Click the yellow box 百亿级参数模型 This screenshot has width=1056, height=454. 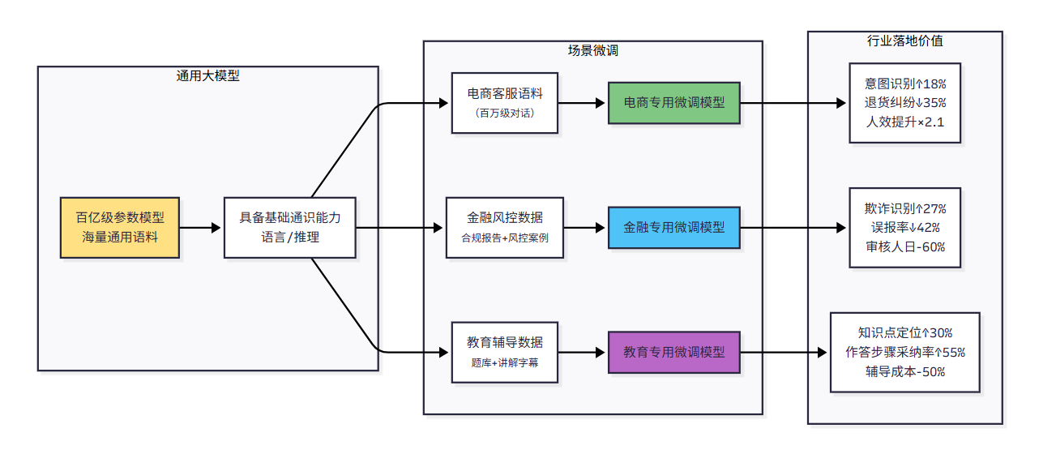[120, 228]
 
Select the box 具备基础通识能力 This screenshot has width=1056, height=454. [290, 228]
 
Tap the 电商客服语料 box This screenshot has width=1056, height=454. [505, 103]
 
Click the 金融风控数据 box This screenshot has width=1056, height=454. [505, 228]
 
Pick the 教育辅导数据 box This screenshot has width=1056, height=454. [505, 353]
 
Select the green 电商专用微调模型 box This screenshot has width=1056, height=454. [674, 103]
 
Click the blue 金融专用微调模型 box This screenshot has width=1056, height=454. [674, 228]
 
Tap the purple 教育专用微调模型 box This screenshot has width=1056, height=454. [674, 353]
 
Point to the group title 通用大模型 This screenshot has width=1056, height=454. [208, 76]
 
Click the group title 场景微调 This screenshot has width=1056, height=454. [592, 50]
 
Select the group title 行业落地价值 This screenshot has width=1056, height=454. [904, 41]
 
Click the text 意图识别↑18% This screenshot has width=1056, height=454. [904, 84]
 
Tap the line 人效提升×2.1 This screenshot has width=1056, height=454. [904, 122]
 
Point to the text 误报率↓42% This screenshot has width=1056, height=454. [904, 228]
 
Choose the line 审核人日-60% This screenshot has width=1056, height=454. [904, 247]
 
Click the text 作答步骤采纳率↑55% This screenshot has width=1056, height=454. [904, 353]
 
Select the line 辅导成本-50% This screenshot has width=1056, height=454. [904, 372]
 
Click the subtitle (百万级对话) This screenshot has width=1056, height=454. [505, 113]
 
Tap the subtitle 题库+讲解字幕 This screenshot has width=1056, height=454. [505, 363]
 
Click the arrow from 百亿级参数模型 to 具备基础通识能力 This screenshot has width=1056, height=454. [201, 228]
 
